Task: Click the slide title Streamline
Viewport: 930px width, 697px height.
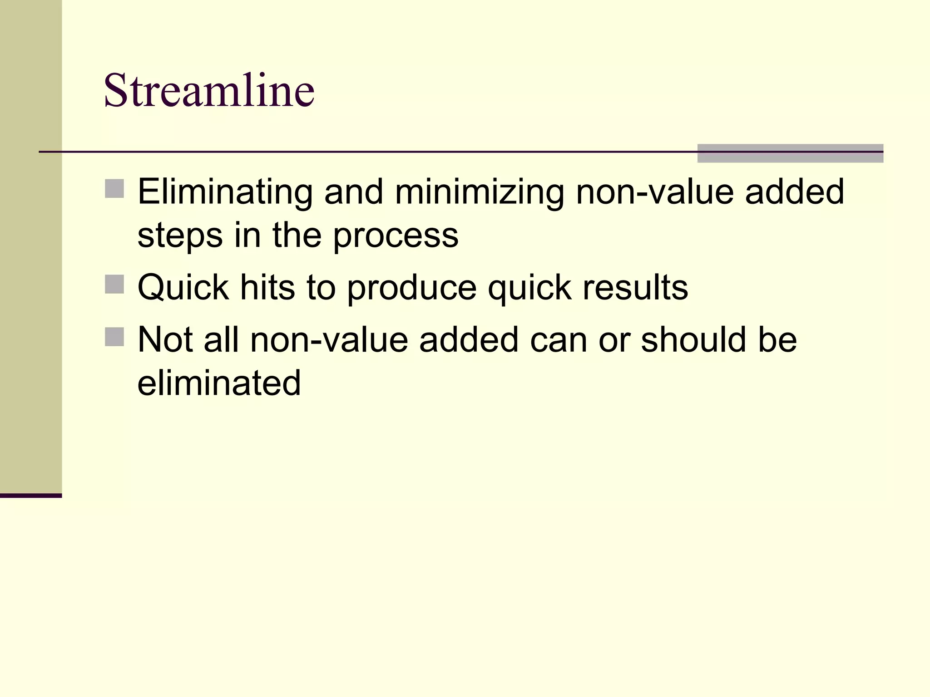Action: pos(209,90)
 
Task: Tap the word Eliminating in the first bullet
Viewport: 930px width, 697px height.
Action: pos(225,192)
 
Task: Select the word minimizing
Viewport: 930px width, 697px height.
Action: pos(479,192)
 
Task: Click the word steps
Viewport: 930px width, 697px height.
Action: pos(180,236)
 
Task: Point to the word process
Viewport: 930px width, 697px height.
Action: pos(396,236)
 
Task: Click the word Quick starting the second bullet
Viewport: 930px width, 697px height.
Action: pos(183,288)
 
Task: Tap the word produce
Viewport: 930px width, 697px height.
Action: pos(411,289)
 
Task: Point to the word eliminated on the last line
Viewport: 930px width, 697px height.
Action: pos(219,383)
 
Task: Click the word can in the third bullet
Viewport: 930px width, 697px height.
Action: pos(558,340)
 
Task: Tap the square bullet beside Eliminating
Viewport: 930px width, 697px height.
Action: pos(114,189)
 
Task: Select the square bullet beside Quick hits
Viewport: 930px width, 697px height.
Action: pos(114,285)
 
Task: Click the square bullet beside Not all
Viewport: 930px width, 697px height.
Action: pos(114,337)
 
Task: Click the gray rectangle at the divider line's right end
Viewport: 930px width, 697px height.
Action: pos(790,153)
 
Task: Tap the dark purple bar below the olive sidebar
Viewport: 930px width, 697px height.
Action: pos(30,496)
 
